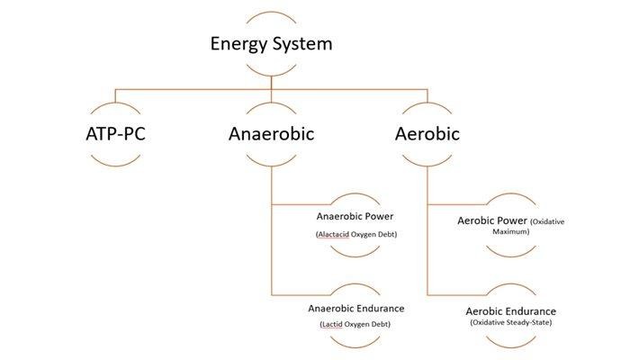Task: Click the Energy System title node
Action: coord(271,43)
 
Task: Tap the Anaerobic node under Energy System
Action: coord(271,135)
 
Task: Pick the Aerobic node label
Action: coord(427,135)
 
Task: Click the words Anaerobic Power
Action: coord(355,216)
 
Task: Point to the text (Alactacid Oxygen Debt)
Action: coord(355,235)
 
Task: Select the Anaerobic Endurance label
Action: coord(355,309)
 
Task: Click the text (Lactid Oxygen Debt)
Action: coord(355,324)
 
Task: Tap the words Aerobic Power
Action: coord(492,220)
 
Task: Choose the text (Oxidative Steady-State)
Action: coord(511,322)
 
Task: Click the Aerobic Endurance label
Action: coord(511,310)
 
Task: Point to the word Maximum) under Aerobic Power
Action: coord(510,231)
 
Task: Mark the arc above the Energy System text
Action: coord(271,15)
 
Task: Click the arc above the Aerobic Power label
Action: coord(510,195)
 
